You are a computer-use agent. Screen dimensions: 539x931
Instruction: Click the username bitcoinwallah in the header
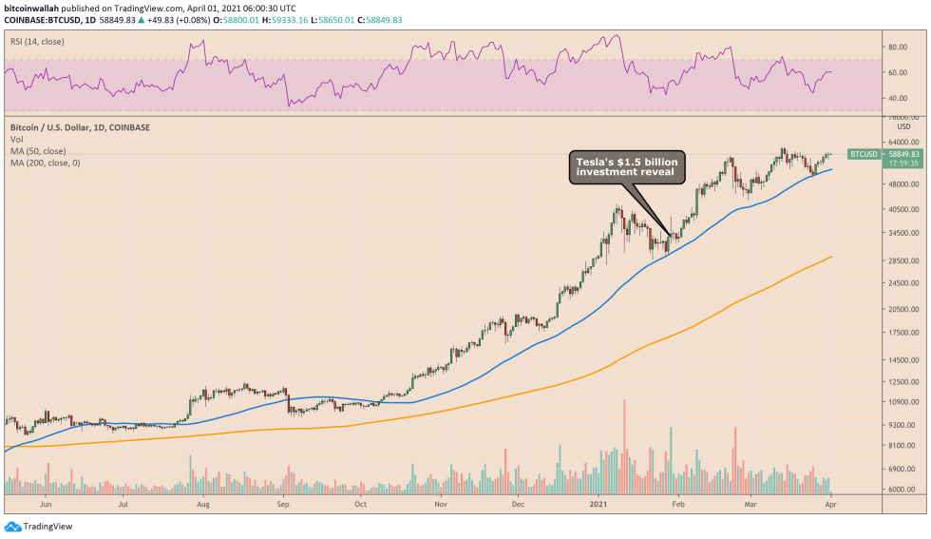(x=33, y=7)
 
